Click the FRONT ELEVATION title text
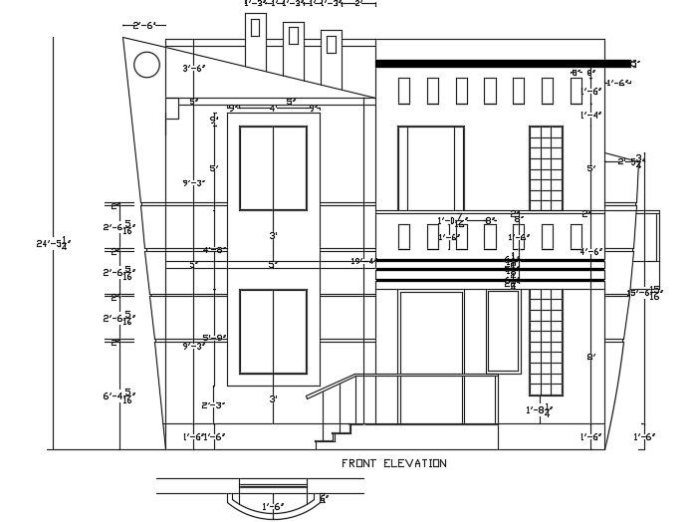pos(393,463)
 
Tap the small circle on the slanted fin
pos(146,65)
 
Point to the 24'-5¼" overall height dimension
pos(52,243)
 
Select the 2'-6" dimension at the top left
pos(143,25)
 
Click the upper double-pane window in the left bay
pos(273,167)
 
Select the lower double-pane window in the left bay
pos(273,332)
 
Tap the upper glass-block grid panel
pos(546,168)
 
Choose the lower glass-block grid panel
pos(546,341)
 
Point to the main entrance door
pos(431,356)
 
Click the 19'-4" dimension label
pos(363,261)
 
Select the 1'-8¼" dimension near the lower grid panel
pos(539,409)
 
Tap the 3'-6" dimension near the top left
pos(193,69)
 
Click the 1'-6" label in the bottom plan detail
pos(273,507)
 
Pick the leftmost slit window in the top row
pos(403,91)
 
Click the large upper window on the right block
pos(430,168)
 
